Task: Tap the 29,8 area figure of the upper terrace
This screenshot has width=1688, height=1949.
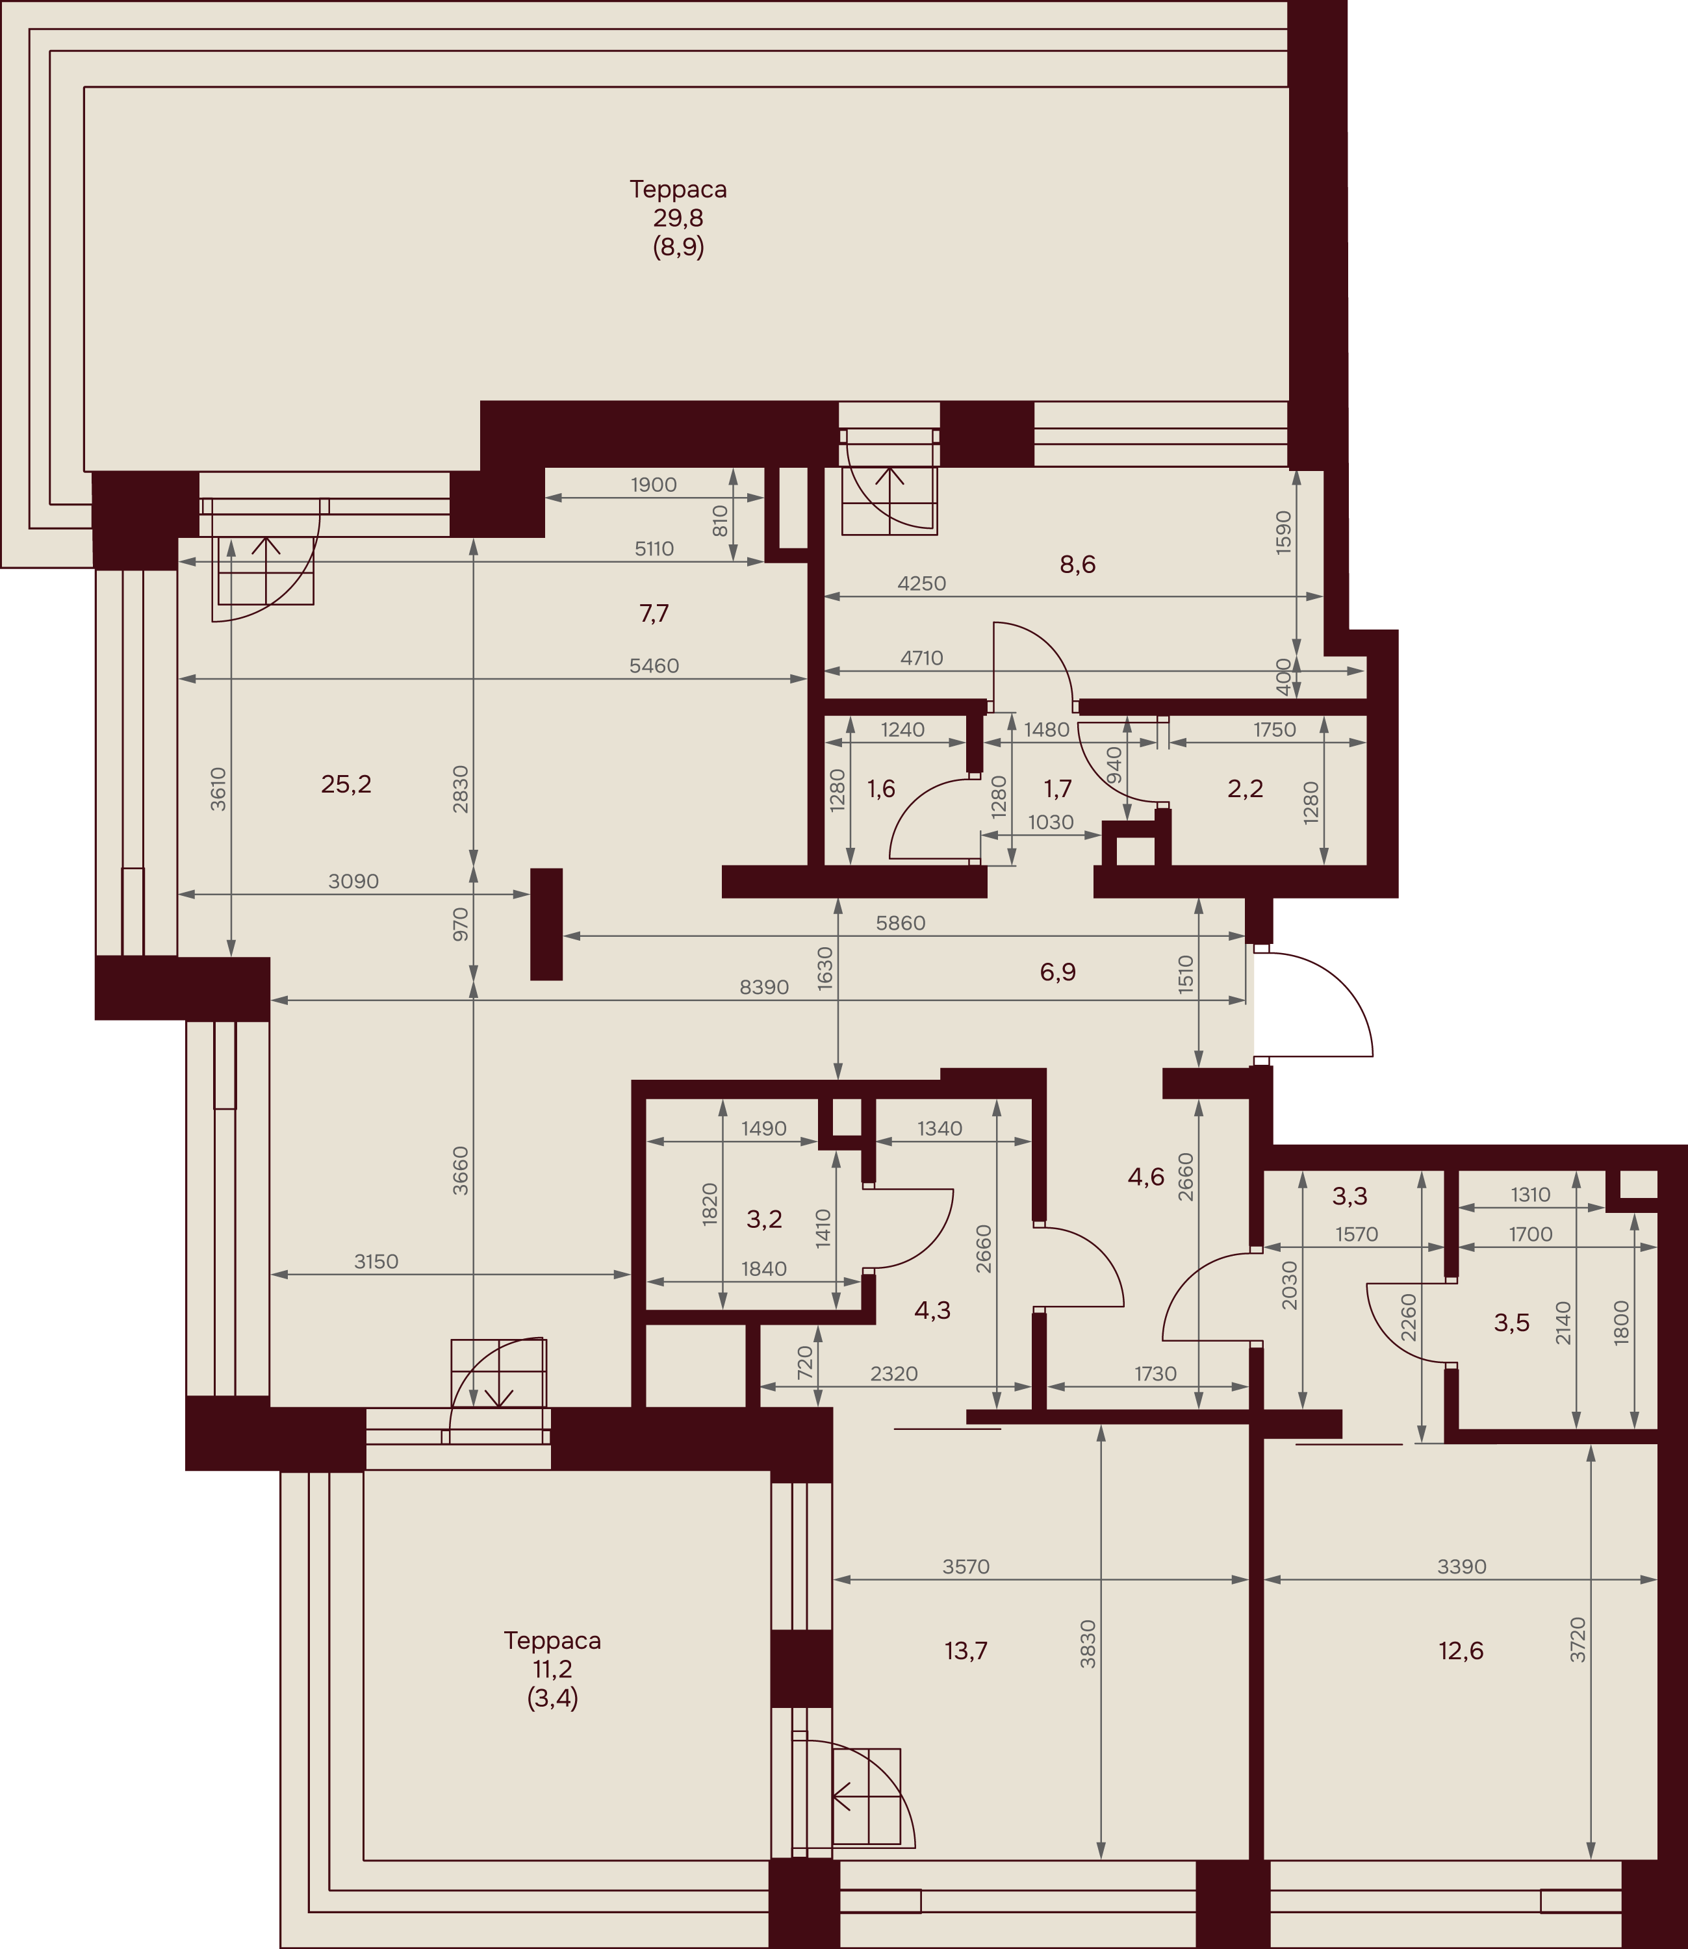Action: click(x=678, y=218)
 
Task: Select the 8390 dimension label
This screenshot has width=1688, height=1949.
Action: click(x=764, y=987)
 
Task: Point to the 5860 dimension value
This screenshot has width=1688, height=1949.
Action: click(x=901, y=923)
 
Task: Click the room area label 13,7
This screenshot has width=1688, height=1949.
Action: click(x=965, y=1650)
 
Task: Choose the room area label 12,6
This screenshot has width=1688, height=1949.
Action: click(x=1461, y=1650)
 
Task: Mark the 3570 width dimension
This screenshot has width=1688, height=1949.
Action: click(x=966, y=1566)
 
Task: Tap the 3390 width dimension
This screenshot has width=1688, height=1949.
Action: click(x=1462, y=1566)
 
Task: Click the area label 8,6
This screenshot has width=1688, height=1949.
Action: click(x=1078, y=565)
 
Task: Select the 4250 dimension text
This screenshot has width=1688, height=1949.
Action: click(x=921, y=583)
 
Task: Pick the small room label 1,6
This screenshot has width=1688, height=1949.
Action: click(x=881, y=789)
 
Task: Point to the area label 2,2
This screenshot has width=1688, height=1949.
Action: click(x=1246, y=789)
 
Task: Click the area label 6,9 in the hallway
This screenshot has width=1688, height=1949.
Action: click(x=1058, y=972)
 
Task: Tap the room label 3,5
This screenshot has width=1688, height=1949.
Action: click(x=1512, y=1323)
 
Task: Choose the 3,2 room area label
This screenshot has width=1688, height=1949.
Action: click(x=764, y=1219)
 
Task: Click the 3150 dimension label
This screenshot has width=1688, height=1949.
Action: click(x=376, y=1262)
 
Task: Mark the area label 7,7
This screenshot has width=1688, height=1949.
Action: click(x=654, y=613)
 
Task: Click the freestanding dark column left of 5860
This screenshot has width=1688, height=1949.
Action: click(x=546, y=924)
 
